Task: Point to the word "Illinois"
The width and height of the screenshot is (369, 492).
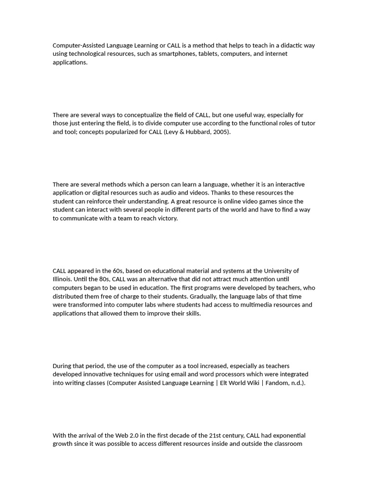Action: pyautogui.click(x=62, y=279)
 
